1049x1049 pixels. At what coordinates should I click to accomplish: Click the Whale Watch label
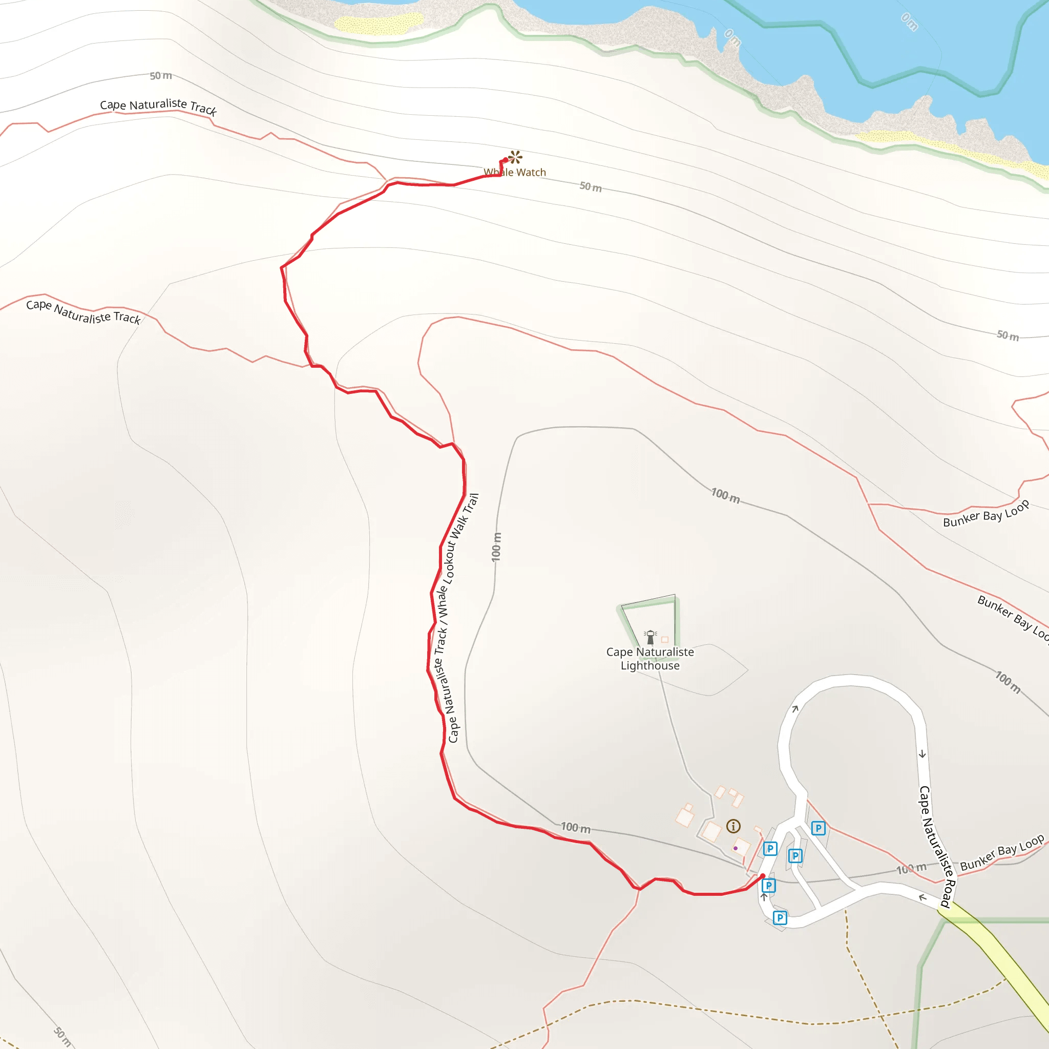tap(515, 172)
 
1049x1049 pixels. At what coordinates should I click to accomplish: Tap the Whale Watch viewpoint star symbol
tap(515, 157)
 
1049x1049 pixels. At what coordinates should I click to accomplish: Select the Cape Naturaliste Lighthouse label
tap(650, 659)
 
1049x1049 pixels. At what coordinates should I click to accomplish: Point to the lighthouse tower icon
tap(650, 637)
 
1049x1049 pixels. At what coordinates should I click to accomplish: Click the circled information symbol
tap(733, 826)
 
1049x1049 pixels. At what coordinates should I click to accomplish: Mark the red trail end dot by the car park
tap(762, 876)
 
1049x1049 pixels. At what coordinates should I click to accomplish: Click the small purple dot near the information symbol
tap(735, 848)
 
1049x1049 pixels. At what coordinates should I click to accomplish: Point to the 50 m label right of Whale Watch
tap(590, 187)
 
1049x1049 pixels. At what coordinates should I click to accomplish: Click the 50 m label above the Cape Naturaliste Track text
tap(161, 75)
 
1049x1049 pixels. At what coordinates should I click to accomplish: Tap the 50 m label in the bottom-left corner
tap(62, 1037)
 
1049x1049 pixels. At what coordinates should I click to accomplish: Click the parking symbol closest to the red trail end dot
tap(768, 886)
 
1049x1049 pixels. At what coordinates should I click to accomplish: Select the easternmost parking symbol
tap(818, 828)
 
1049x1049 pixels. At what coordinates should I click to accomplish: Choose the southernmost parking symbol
tap(780, 917)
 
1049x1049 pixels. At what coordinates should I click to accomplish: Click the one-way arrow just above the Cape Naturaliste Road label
tap(922, 754)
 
